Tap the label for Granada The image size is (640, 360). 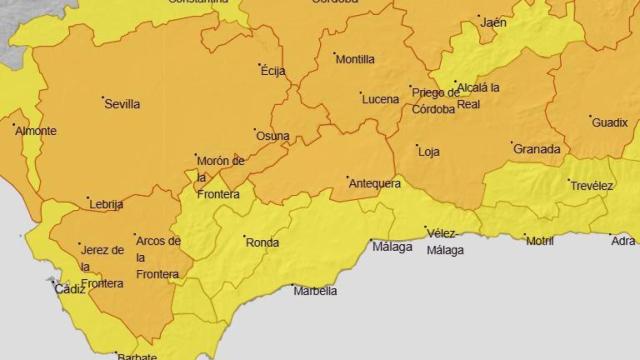[x=536, y=149]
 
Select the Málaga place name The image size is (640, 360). [x=391, y=246]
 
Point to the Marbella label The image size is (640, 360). [x=315, y=292]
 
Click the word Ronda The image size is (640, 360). [x=262, y=242]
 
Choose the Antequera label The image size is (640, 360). [x=374, y=183]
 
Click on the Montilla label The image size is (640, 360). [x=355, y=59]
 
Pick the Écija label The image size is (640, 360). [x=273, y=71]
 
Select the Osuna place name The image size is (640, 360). [x=273, y=136]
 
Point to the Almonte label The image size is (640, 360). [x=36, y=131]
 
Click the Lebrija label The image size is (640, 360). [x=106, y=204]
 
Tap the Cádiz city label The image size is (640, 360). [x=70, y=289]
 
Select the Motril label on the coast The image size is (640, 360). [x=541, y=241]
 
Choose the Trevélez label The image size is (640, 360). [x=592, y=186]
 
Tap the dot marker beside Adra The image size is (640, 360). [x=610, y=236]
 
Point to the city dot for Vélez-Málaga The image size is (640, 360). [x=426, y=228]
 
